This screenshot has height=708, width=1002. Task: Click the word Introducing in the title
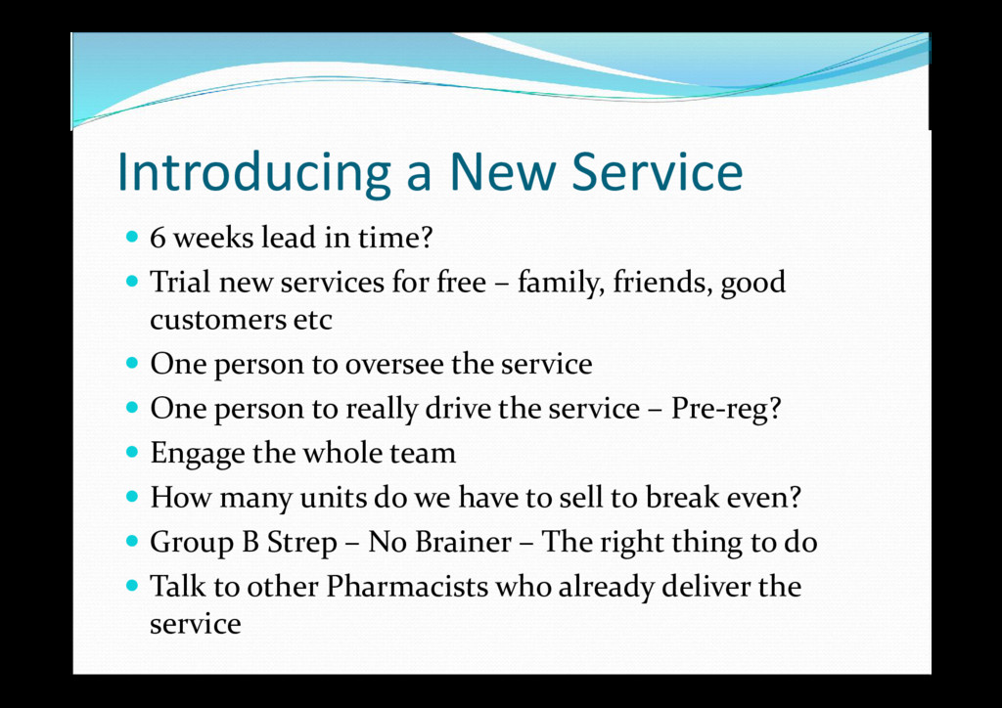[x=253, y=172]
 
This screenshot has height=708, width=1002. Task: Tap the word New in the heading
[x=503, y=171]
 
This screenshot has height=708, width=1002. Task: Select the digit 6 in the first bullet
[x=158, y=239]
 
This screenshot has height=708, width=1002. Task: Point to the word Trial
[x=180, y=282]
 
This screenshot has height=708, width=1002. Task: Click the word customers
[x=217, y=320]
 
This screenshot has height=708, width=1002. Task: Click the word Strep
[x=301, y=543]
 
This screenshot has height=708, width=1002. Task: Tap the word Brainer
[x=463, y=542]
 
